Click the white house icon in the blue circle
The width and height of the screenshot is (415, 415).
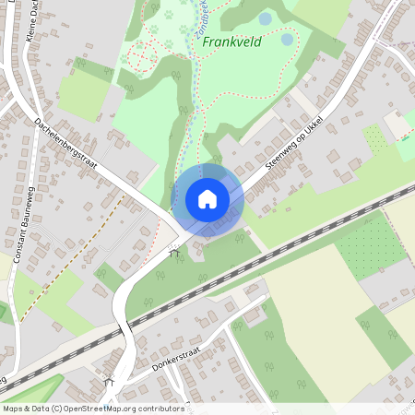207,199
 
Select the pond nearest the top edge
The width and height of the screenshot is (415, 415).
266,18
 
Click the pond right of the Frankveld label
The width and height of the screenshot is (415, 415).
287,40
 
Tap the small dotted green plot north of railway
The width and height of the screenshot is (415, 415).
376,138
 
